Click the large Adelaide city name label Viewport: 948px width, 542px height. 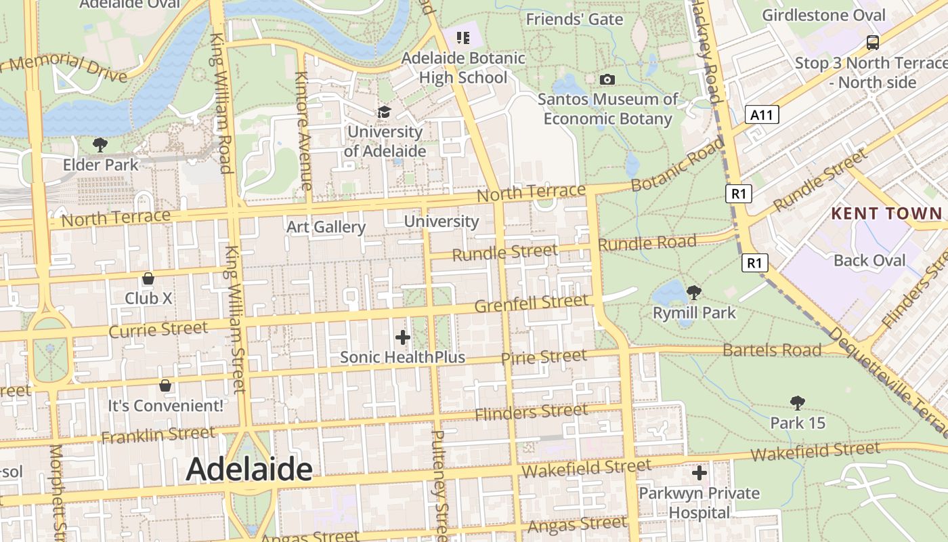click(249, 469)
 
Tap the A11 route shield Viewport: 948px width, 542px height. click(762, 114)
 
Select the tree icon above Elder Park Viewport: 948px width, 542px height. click(100, 144)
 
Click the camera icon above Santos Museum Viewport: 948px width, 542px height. click(607, 79)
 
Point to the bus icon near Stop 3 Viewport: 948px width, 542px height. click(873, 43)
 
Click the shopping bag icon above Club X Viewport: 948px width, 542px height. click(148, 278)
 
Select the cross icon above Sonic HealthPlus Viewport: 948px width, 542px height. click(403, 337)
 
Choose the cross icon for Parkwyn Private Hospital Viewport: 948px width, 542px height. click(699, 472)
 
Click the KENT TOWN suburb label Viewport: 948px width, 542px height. click(886, 213)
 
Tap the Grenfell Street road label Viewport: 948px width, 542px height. click(531, 303)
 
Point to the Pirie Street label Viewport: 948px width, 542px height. click(544, 356)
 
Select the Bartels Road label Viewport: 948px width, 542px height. click(772, 350)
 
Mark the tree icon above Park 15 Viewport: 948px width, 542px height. click(798, 403)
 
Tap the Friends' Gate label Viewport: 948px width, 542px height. click(574, 19)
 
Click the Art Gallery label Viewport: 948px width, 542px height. click(326, 227)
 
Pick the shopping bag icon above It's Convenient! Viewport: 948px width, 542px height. click(165, 385)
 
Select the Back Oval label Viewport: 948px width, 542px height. click(869, 260)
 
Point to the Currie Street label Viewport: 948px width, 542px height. click(158, 330)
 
